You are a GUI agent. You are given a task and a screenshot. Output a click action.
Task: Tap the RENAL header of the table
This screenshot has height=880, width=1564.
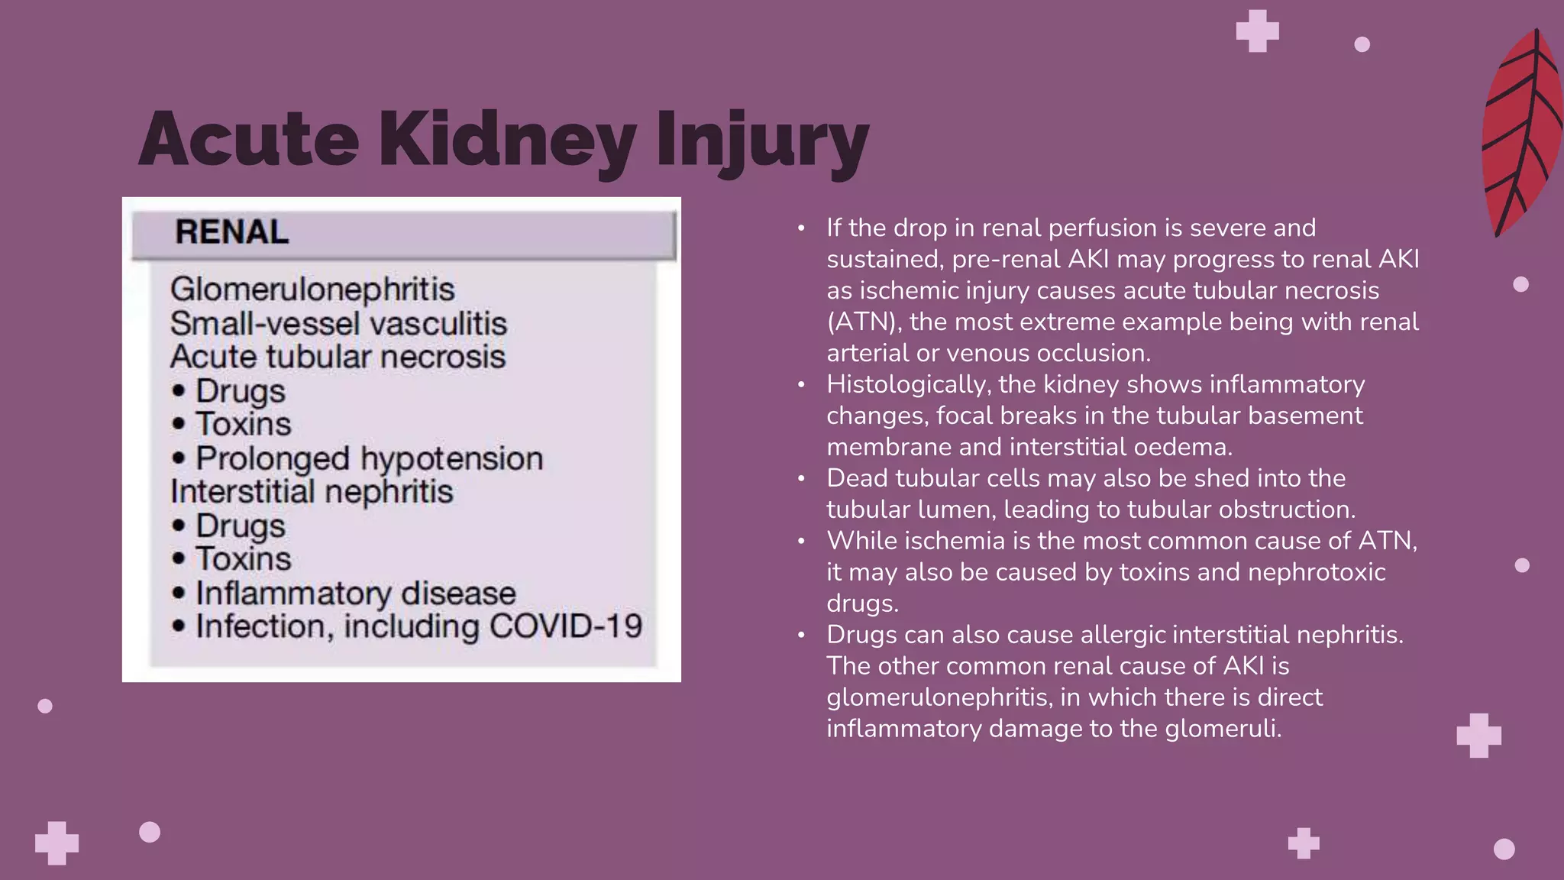coord(232,232)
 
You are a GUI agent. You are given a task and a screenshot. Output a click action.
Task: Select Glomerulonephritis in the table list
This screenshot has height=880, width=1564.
coord(312,290)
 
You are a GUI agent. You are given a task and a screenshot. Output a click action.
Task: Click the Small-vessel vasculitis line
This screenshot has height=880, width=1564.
coord(338,323)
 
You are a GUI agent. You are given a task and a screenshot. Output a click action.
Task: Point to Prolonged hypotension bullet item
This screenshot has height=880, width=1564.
coord(369,458)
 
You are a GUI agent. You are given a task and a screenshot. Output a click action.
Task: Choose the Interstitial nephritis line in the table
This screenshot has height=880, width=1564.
coord(312,491)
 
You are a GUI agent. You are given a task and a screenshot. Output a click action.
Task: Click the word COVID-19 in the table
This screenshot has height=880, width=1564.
coord(566,626)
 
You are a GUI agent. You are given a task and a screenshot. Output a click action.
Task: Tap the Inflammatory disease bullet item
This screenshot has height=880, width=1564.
coord(355,594)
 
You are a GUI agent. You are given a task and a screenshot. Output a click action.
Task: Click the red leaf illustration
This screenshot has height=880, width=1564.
coord(1521,134)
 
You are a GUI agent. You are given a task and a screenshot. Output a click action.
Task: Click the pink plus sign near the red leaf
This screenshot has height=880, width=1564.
coord(1257,31)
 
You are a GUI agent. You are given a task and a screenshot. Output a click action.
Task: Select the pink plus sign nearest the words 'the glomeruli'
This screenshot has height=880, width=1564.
coord(1478,736)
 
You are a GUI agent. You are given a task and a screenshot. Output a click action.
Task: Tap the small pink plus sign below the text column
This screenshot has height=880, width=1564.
coord(1304,843)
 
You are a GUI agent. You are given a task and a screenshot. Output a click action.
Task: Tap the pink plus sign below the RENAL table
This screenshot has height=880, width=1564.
coord(57,843)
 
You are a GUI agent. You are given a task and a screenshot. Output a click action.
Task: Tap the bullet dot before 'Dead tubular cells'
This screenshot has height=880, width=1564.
coord(801,479)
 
